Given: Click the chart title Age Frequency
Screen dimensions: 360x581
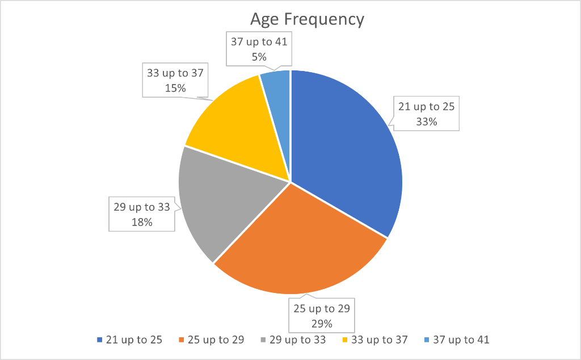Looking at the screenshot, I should pos(307,19).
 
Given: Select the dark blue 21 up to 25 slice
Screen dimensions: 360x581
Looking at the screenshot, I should pos(346,148).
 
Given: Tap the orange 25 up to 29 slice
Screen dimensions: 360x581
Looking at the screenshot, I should pos(301,244).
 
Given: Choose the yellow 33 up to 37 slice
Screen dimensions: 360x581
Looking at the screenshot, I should pos(238,125).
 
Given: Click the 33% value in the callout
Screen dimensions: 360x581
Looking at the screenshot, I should pos(426,121).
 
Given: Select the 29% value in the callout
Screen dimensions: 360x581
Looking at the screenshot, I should pos(322,324).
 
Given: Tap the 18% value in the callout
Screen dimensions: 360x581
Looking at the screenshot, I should pos(142,222).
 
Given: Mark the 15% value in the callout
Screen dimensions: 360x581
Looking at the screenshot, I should pos(175,88).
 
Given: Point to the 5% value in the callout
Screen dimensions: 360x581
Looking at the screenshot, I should pos(259,56).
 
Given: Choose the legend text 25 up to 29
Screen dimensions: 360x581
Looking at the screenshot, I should pos(216,340).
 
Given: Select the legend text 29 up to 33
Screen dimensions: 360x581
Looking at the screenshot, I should pos(298,340).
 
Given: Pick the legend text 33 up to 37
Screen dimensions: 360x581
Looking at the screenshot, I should pos(380,340).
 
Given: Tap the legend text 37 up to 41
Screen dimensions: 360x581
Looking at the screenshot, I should pos(461,340).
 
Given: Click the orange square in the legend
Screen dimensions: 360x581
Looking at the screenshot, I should pos(182,340).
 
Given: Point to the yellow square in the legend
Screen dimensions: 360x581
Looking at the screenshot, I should pos(345,340).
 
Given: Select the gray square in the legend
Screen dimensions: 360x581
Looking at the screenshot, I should pos(263,340).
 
